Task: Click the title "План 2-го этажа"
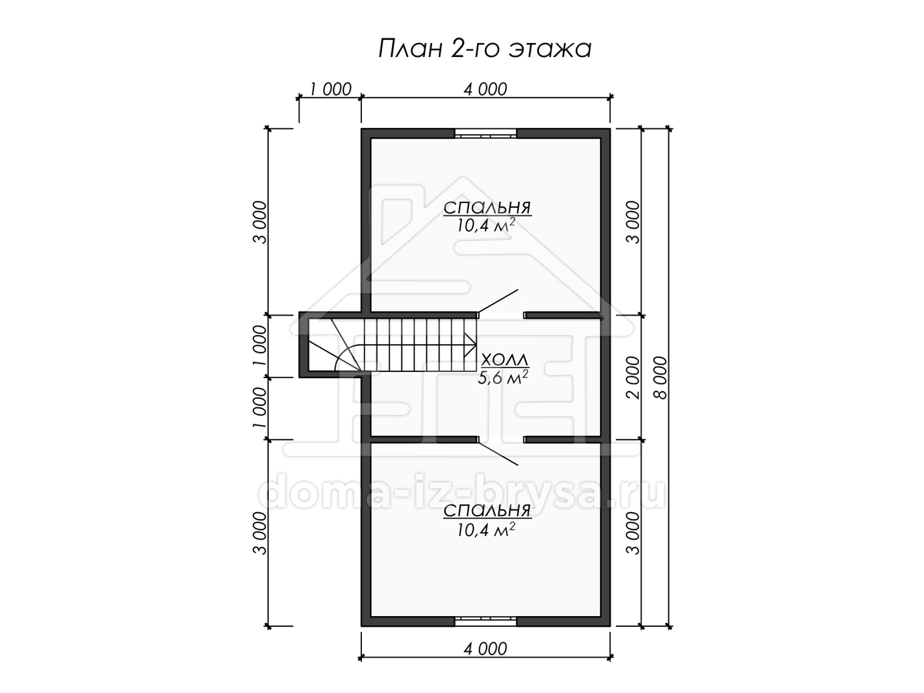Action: pos(485,49)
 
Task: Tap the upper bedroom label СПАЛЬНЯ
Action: pos(487,207)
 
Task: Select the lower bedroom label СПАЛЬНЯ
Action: pos(487,511)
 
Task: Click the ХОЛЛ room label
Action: pos(504,360)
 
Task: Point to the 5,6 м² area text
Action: pos(503,378)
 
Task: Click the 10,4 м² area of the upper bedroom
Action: pos(486,226)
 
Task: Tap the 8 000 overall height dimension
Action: pos(661,377)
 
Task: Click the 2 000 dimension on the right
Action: pos(633,377)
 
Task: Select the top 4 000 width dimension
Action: pos(485,89)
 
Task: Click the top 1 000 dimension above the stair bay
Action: pos(330,89)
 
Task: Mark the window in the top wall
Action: pos(486,133)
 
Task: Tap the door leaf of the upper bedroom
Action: pos(498,301)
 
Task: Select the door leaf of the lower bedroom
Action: pos(498,454)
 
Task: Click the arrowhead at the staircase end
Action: pos(470,345)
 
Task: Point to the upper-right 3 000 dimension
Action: pos(633,222)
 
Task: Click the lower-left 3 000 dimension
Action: pos(260,533)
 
